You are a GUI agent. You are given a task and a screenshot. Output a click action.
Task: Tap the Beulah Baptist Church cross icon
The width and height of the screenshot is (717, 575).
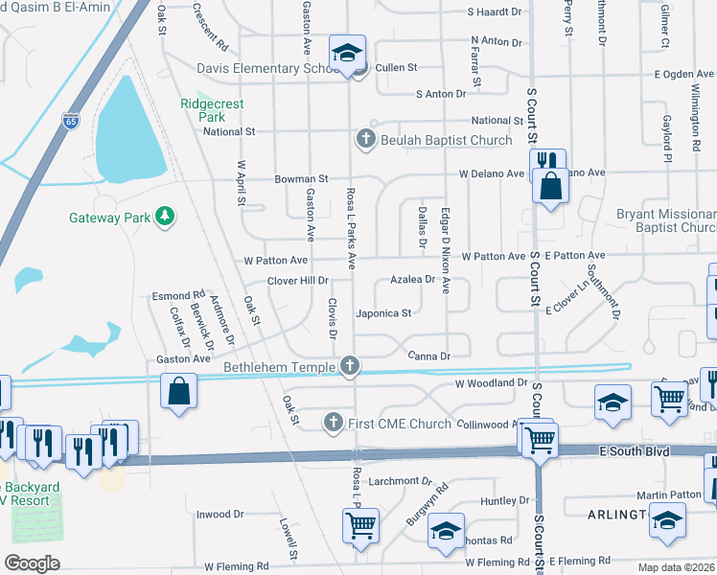click(364, 140)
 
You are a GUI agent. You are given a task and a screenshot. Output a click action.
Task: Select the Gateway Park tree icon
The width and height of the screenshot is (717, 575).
click(166, 216)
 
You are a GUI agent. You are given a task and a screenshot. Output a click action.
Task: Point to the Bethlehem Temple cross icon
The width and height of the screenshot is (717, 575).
click(351, 365)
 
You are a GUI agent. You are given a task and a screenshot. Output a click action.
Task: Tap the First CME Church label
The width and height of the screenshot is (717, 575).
click(400, 423)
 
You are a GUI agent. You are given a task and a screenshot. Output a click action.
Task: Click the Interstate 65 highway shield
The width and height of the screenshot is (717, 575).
click(71, 120)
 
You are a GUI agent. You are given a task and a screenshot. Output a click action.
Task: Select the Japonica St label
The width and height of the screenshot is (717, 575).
click(382, 312)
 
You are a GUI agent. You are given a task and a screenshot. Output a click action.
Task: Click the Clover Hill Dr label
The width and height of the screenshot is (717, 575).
click(297, 281)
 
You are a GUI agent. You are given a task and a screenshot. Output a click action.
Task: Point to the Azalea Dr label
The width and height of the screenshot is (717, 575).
click(413, 281)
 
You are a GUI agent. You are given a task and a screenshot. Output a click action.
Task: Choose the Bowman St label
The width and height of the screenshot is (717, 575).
click(302, 178)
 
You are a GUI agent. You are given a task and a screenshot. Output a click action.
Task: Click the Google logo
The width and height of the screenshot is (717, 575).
click(32, 563)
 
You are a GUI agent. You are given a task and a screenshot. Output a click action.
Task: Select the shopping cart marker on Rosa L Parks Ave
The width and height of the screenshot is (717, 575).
click(360, 523)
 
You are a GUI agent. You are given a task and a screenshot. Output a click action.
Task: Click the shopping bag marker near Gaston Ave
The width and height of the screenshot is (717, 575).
click(178, 390)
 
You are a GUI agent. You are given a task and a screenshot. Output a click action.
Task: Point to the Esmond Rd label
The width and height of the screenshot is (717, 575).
click(178, 296)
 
